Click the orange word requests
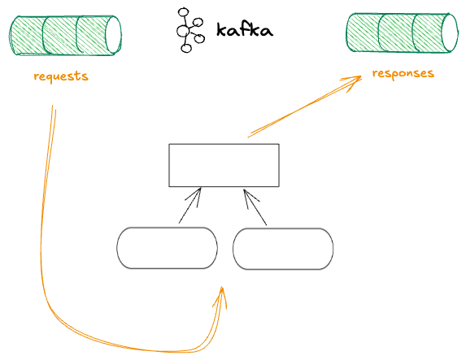(61, 76)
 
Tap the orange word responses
(403, 73)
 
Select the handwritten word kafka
(245, 30)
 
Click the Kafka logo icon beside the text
(190, 31)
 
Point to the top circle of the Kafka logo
(183, 13)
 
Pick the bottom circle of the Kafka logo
(186, 48)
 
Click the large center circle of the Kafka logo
(183, 31)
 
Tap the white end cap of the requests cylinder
(113, 35)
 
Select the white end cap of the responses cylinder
(449, 33)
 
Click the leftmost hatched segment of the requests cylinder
(28, 36)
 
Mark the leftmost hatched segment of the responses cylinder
(364, 33)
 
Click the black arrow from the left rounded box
(190, 206)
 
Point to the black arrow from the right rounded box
(255, 207)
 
